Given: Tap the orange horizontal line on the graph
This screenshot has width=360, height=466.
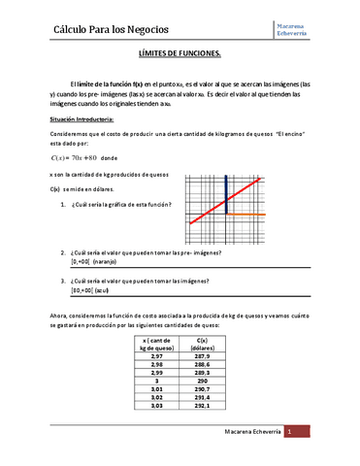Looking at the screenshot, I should pos(246,214).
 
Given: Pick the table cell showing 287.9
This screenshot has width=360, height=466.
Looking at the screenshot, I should pos(203,357).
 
